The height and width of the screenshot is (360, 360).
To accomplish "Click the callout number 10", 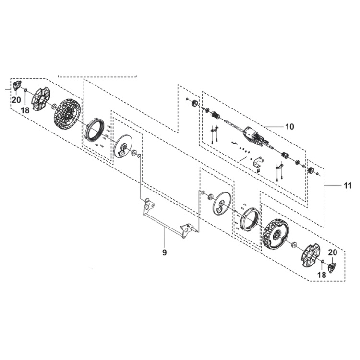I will point(289,127).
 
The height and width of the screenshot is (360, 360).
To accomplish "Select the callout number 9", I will point(164,252).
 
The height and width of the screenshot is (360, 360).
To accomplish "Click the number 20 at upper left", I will point(16,100).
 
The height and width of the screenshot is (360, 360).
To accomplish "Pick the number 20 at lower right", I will point(332,252).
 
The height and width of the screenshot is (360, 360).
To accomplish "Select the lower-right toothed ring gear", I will point(250,219).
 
